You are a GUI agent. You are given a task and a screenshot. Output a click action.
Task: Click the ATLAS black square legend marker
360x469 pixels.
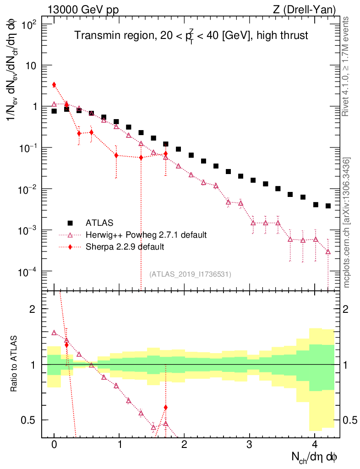pos(70,223)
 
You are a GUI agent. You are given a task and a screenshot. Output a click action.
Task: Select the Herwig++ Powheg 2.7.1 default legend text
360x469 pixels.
pos(146,235)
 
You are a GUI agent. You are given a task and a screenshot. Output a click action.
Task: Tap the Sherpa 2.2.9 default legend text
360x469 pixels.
pos(125,247)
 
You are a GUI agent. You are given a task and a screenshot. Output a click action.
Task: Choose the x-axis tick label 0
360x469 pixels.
pos(54,445)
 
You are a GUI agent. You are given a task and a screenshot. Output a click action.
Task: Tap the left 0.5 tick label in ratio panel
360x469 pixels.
pos(30,420)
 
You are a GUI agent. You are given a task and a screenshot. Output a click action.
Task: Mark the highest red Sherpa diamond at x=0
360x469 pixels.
pos(54,85)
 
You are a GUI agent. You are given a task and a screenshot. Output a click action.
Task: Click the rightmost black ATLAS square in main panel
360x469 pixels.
pos(328,206)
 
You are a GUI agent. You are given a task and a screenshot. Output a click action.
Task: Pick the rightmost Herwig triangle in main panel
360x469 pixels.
pos(328,251)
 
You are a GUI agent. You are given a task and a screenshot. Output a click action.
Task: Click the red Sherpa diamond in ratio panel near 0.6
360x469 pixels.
pos(165,407)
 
